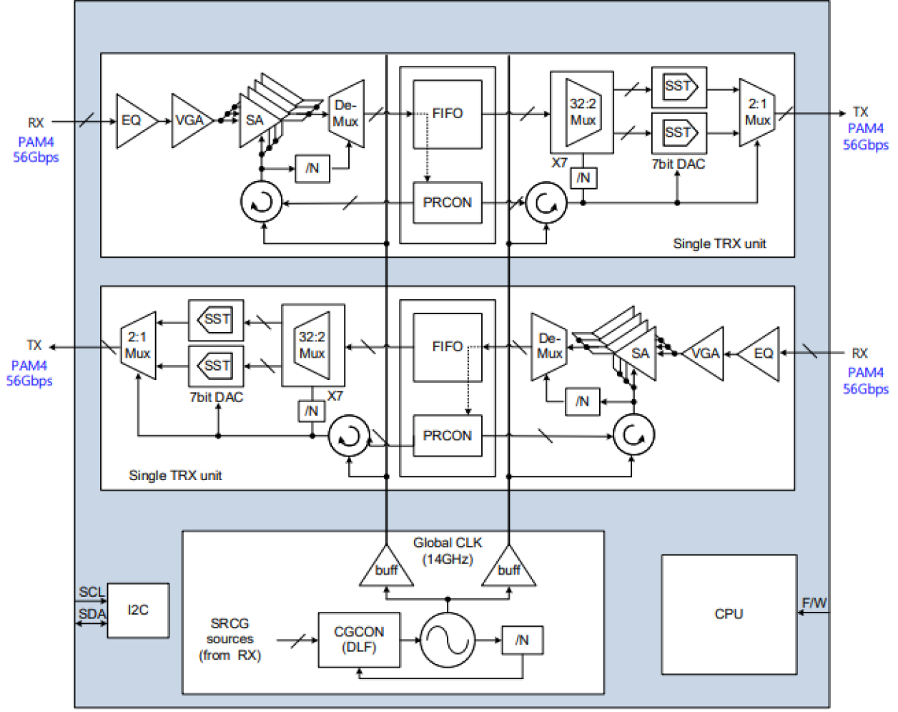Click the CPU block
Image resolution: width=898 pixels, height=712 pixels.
(x=729, y=614)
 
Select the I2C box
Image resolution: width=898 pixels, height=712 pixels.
(x=138, y=610)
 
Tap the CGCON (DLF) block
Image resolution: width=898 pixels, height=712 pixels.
(x=359, y=640)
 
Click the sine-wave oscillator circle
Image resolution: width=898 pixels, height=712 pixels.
(x=448, y=640)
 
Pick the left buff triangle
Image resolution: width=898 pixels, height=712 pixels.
(x=386, y=569)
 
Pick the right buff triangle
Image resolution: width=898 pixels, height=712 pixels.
(x=508, y=569)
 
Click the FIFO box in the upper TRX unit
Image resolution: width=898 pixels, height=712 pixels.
(x=448, y=114)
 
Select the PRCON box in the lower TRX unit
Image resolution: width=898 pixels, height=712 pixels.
(x=448, y=436)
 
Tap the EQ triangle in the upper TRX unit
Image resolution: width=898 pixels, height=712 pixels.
(x=133, y=121)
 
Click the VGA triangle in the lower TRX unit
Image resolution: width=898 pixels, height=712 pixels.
(x=704, y=353)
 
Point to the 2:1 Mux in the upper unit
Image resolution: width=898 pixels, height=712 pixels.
(x=756, y=113)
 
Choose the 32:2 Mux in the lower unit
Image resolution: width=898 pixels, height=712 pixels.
(x=312, y=346)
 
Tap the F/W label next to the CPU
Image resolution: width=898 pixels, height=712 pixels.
(x=814, y=603)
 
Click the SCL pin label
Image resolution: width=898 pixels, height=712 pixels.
(x=92, y=592)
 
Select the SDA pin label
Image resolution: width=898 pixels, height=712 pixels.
(x=92, y=614)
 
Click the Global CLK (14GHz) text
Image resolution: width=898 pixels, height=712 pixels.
(x=448, y=551)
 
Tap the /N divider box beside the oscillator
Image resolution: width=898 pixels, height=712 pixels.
(x=523, y=640)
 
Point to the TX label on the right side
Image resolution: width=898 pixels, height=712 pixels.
(x=860, y=112)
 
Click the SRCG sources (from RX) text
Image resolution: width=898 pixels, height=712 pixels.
(x=230, y=639)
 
